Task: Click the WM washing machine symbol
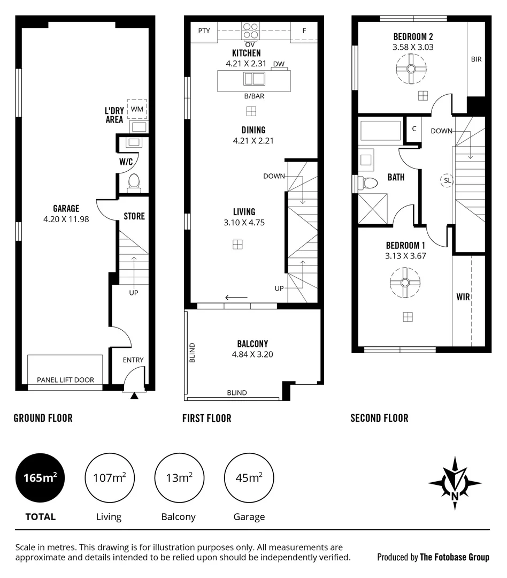click(137, 109)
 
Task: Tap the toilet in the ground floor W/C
click(134, 184)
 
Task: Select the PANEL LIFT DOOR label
click(65, 380)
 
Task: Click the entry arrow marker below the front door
click(134, 396)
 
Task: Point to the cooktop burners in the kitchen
click(250, 31)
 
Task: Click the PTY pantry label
click(204, 31)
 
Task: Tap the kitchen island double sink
click(254, 79)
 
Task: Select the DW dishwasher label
click(279, 64)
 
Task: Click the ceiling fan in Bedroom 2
click(411, 69)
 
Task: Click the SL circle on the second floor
click(447, 181)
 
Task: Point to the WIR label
click(463, 296)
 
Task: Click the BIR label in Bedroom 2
click(476, 59)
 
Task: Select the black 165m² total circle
click(41, 477)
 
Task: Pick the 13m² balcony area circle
click(179, 477)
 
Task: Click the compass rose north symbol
click(455, 483)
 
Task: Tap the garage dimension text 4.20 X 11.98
click(66, 218)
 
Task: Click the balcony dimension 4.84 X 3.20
click(252, 354)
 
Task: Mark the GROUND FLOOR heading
click(43, 418)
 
